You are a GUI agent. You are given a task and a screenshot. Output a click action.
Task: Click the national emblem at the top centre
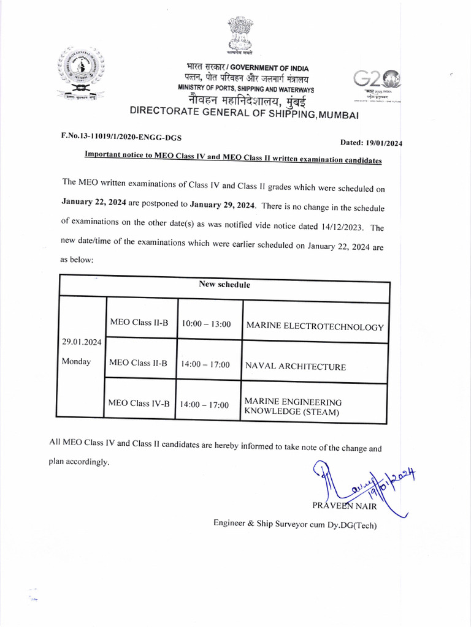click(x=240, y=37)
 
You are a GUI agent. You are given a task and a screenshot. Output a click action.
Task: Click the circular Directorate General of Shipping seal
click(x=82, y=72)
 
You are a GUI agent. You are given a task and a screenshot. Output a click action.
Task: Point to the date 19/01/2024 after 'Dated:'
click(x=381, y=143)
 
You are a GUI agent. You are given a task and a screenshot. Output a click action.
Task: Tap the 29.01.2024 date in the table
click(x=80, y=342)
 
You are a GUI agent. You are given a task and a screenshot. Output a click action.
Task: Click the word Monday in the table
click(x=76, y=361)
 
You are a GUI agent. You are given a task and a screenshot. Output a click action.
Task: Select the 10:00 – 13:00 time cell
click(x=206, y=323)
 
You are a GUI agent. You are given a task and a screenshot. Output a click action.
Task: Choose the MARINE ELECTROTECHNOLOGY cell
click(x=315, y=327)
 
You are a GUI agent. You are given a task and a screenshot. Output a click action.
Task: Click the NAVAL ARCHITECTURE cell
click(x=295, y=367)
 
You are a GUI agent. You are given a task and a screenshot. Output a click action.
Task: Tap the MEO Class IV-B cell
click(x=138, y=403)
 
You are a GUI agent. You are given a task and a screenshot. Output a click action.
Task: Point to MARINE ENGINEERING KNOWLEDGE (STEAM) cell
click(x=293, y=407)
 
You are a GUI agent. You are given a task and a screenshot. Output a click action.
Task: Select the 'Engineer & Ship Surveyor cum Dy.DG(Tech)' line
click(x=295, y=524)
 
